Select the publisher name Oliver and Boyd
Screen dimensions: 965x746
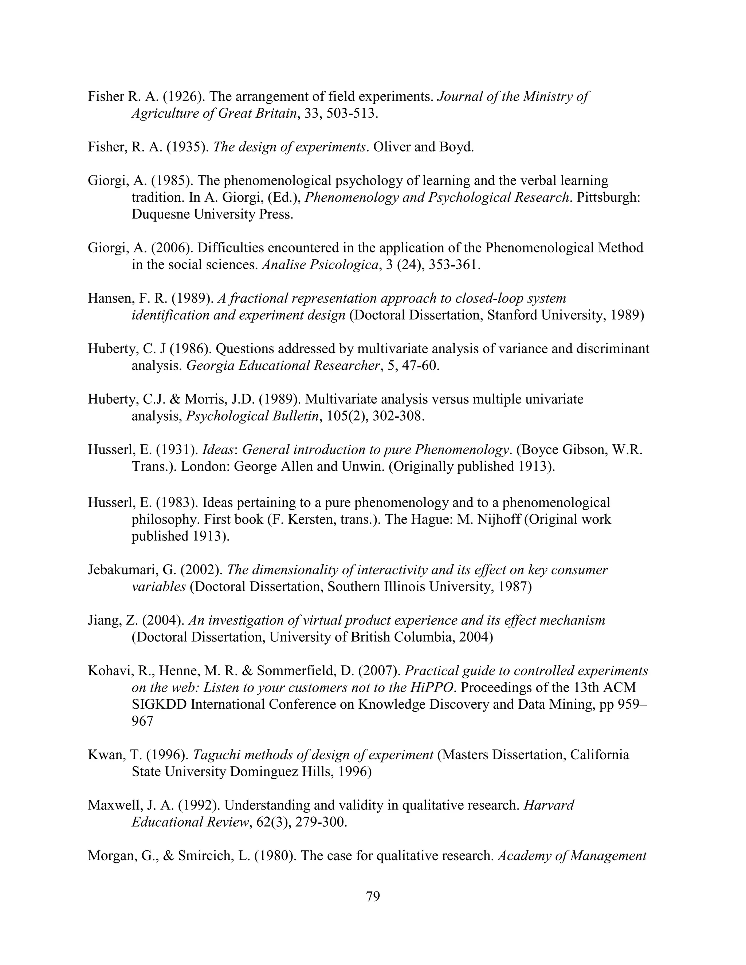pyautogui.click(x=423, y=147)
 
